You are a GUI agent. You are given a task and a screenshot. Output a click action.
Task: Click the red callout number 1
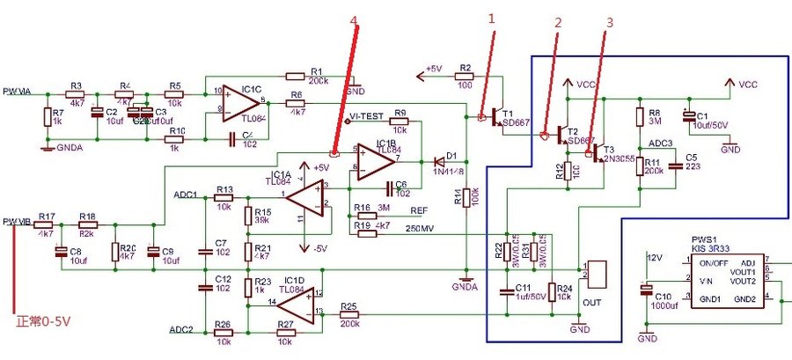coord(494,18)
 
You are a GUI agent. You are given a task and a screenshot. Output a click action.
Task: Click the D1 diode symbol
coord(437,161)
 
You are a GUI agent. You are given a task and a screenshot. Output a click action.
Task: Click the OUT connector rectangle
coord(601,274)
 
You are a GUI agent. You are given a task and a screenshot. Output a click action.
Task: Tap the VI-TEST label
coord(365,115)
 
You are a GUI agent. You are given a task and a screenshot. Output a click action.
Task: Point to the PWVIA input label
coord(18,91)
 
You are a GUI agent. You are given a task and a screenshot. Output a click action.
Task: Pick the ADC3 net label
coord(660,142)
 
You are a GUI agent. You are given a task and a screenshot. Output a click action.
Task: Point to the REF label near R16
coord(419,211)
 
